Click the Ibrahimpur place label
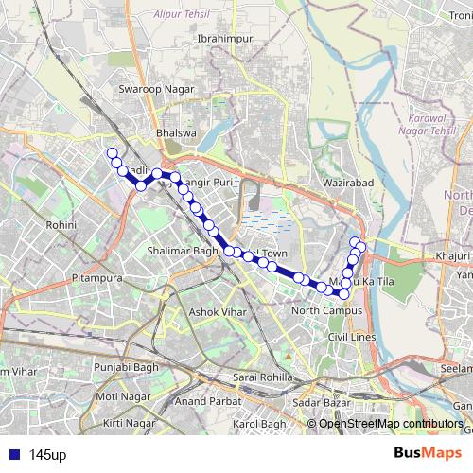tap(220, 38)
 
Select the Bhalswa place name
tap(176, 133)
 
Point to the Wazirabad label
tap(349, 181)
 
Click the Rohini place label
tap(61, 225)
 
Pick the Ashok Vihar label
tap(216, 311)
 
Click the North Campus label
tap(327, 310)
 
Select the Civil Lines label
tap(352, 337)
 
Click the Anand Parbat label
tap(202, 401)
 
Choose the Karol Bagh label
tap(259, 424)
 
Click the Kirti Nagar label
tap(129, 423)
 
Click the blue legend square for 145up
tap(12, 454)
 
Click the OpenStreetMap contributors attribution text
tap(391, 424)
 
